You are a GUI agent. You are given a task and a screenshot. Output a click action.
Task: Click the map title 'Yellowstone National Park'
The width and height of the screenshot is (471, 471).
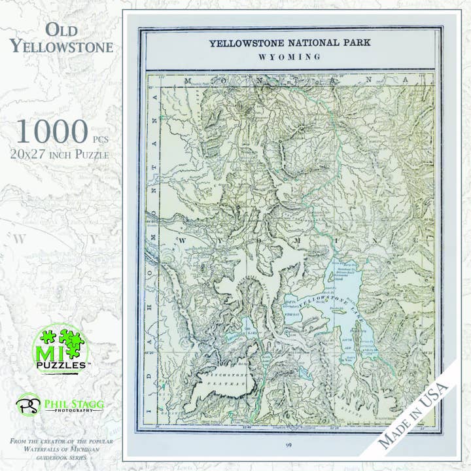point(290,44)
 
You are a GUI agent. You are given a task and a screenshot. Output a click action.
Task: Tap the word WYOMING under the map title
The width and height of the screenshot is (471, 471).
point(290,57)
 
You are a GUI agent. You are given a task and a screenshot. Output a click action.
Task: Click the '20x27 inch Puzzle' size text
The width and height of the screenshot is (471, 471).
point(60,155)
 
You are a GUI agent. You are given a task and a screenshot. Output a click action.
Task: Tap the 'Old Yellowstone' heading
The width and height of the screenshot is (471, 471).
point(61,38)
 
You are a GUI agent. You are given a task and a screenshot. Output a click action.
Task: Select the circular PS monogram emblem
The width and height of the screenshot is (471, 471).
point(28,404)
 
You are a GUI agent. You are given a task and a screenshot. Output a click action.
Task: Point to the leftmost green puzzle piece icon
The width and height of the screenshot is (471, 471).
point(45,338)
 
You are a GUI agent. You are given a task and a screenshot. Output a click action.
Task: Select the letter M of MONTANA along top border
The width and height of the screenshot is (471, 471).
point(188,80)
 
